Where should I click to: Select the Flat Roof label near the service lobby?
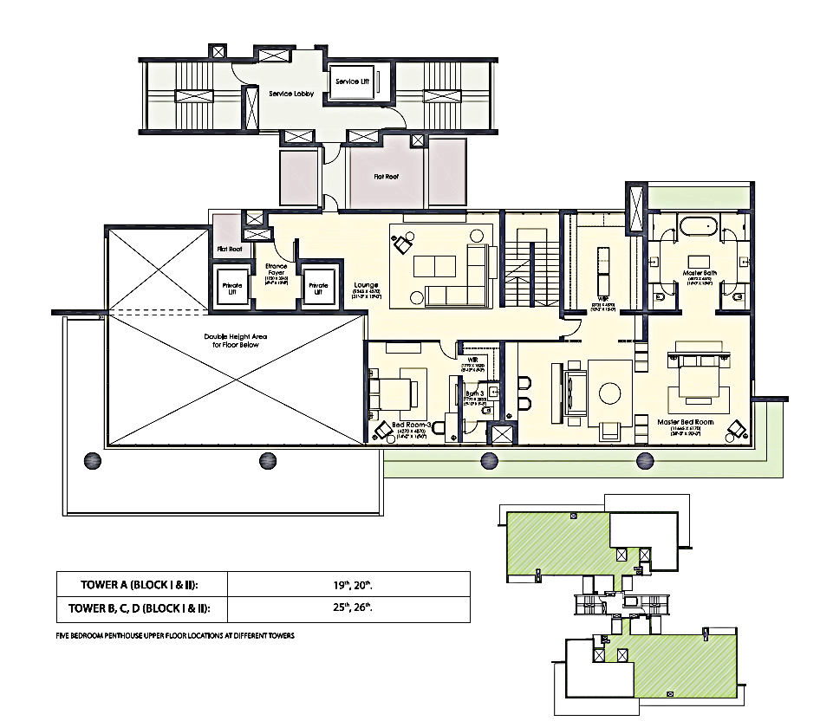(387, 176)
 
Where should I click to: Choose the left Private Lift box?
(231, 289)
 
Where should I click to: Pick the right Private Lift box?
(319, 289)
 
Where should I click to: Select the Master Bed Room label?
(688, 422)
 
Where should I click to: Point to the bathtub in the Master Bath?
(698, 229)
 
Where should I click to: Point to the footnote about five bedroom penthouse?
(174, 635)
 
